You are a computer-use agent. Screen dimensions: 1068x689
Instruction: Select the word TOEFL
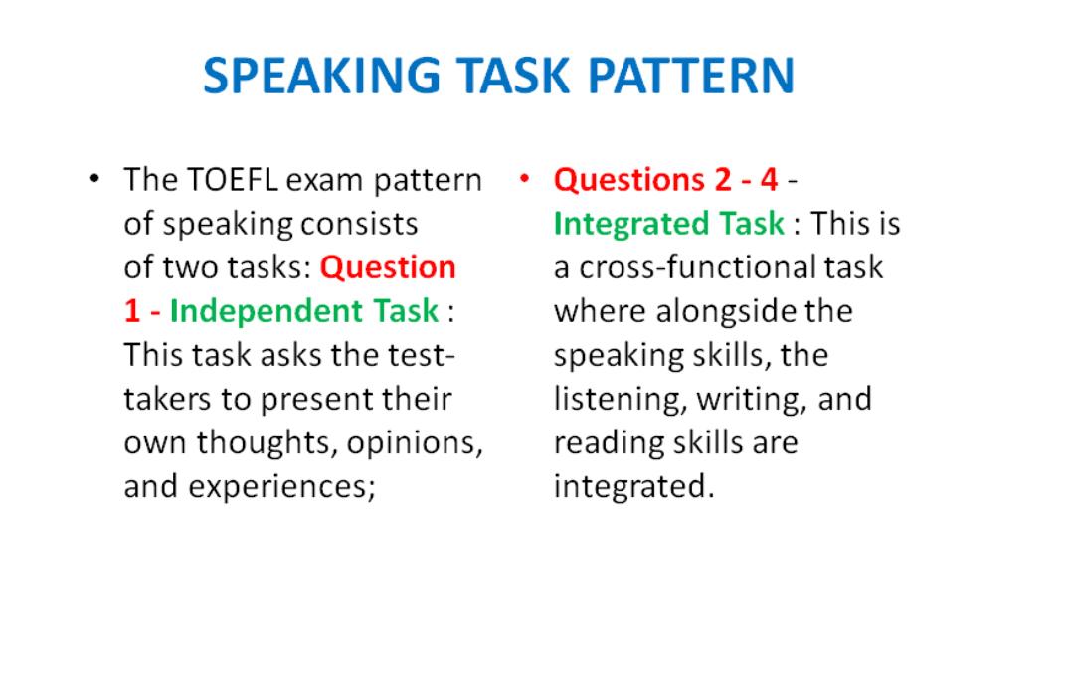pyautogui.click(x=232, y=180)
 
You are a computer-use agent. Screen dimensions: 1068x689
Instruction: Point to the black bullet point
pyautogui.click(x=94, y=179)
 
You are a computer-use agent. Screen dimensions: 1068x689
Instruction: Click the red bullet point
pyautogui.click(x=524, y=179)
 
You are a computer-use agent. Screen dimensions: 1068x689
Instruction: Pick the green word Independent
pyautogui.click(x=267, y=312)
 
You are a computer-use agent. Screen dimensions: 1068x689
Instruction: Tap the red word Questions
pyautogui.click(x=629, y=180)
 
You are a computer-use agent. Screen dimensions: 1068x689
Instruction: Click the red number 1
pyautogui.click(x=132, y=312)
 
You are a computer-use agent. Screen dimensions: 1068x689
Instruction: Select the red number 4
pyautogui.click(x=769, y=180)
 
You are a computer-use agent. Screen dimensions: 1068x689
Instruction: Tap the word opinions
pyautogui.click(x=415, y=444)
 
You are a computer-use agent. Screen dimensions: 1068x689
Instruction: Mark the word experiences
pyautogui.click(x=282, y=488)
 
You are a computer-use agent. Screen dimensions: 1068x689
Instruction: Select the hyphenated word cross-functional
pyautogui.click(x=697, y=267)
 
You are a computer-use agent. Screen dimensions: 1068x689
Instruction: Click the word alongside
pyautogui.click(x=725, y=312)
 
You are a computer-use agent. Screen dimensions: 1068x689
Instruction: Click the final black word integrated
pyautogui.click(x=633, y=487)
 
